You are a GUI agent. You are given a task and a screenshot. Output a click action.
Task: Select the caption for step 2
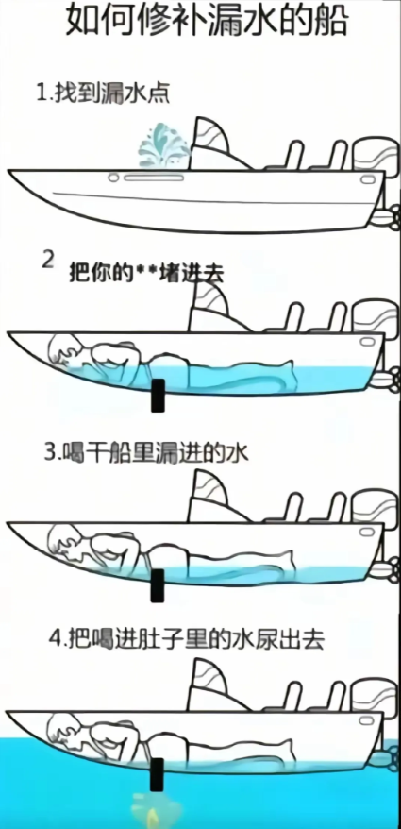pos(135,270)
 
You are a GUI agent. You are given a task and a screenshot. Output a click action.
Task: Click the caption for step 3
pos(146,452)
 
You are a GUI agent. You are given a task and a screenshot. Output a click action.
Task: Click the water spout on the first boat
pos(164,144)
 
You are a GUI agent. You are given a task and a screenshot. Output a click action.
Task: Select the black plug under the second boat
pos(158,395)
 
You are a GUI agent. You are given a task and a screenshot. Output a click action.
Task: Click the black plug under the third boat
pos(157,585)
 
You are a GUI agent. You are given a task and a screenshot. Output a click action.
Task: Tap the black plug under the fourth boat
pos(157,774)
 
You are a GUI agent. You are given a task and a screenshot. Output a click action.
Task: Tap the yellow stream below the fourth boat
pos(149,809)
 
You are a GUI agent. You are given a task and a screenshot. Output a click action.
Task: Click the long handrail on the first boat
pos(154,178)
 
